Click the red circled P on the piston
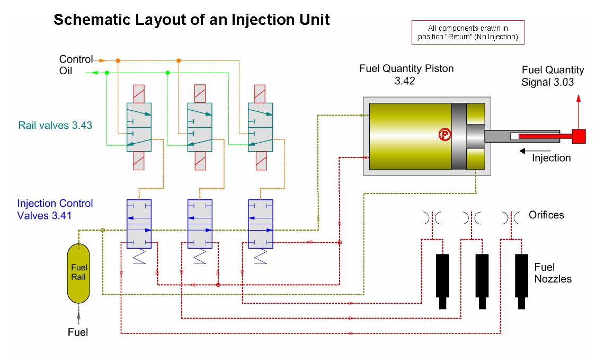point(443,135)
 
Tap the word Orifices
point(546,215)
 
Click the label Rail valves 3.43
point(55,126)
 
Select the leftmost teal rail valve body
point(139,127)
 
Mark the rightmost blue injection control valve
point(261,224)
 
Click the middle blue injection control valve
point(200,224)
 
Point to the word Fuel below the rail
point(78,332)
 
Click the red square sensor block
point(578,136)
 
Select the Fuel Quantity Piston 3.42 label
point(406,75)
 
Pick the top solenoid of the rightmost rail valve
point(261,93)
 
